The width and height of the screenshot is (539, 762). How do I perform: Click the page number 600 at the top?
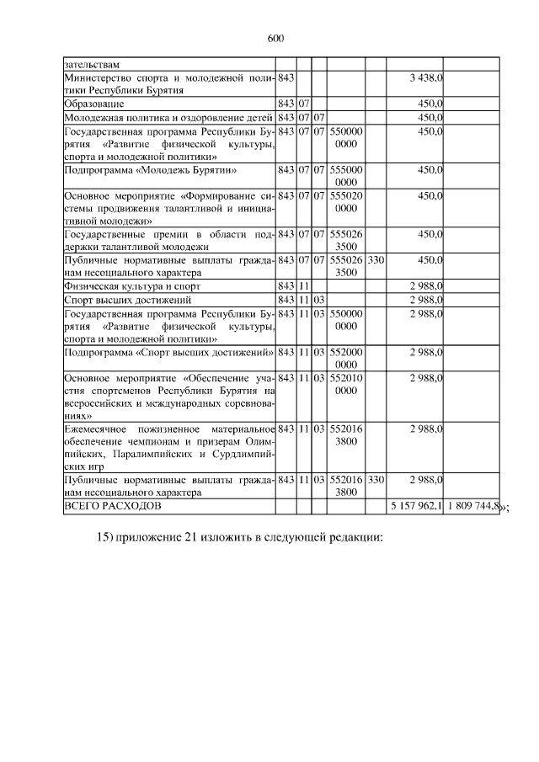[275, 37]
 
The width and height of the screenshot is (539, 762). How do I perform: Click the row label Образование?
[94, 104]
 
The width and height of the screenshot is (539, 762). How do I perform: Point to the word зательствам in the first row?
[92, 64]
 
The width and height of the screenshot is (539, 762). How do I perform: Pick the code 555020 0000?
[346, 201]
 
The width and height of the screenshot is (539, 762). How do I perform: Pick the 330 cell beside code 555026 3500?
[376, 260]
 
